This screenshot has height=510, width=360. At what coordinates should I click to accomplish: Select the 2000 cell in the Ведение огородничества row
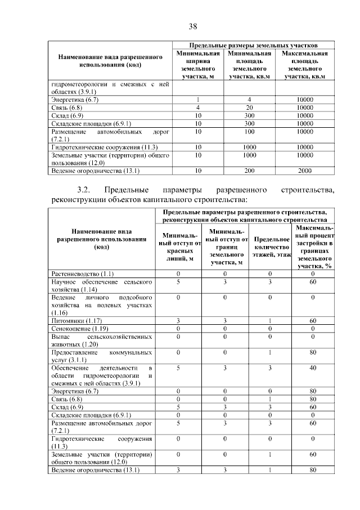pyautogui.click(x=304, y=170)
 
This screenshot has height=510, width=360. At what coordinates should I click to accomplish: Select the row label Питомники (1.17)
pyautogui.click(x=75, y=320)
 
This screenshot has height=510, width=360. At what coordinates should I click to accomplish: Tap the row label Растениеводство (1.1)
pyautogui.click(x=82, y=273)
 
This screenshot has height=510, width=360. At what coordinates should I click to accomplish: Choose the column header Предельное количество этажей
pyautogui.click(x=272, y=247)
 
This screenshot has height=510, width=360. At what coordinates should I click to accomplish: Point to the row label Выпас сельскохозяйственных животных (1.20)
pyautogui.click(x=101, y=339)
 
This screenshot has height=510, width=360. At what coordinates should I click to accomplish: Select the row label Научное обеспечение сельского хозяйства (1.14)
pyautogui.click(x=101, y=284)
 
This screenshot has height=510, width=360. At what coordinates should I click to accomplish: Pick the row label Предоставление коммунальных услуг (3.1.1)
pyautogui.click(x=101, y=355)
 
